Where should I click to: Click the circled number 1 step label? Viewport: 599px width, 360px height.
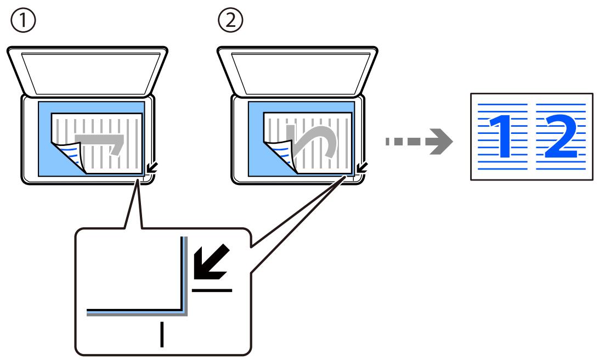coord(23,20)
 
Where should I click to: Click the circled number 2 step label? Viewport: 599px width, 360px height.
coord(230,20)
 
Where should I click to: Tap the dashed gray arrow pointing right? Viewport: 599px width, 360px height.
coord(419,142)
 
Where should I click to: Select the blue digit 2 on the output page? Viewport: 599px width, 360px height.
coord(561,136)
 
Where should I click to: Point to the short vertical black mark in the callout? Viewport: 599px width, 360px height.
coord(162,335)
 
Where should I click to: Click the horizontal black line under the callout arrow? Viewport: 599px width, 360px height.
coord(212,290)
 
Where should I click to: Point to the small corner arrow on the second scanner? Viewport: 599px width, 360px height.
coord(362,167)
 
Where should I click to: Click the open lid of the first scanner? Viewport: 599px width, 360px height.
coord(87,71)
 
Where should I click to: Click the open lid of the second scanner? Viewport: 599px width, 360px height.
coord(298,71)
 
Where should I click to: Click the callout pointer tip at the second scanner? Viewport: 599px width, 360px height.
coord(346,176)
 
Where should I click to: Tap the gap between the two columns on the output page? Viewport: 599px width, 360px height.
coord(532,137)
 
